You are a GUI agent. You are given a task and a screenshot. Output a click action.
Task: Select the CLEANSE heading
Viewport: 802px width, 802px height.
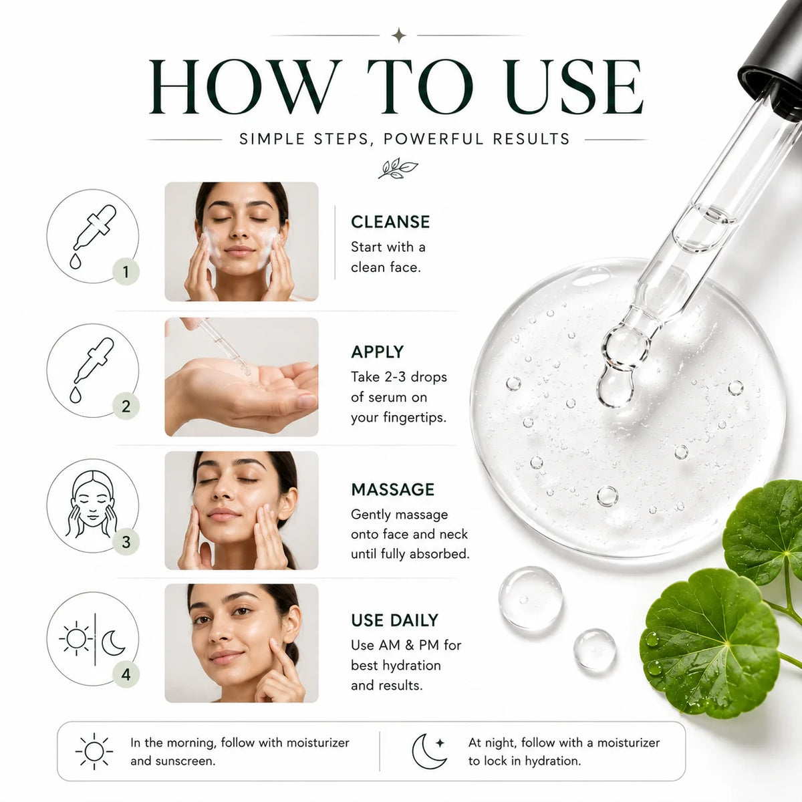pyautogui.click(x=390, y=222)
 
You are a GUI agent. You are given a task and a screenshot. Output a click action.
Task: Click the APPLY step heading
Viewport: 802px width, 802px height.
pyautogui.click(x=377, y=352)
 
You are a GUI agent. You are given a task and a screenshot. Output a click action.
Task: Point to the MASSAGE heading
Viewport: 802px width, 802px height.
pyautogui.click(x=392, y=489)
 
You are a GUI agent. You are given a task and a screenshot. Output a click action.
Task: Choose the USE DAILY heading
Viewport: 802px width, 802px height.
pyautogui.click(x=394, y=620)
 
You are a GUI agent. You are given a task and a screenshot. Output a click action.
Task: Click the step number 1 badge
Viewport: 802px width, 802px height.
pyautogui.click(x=126, y=272)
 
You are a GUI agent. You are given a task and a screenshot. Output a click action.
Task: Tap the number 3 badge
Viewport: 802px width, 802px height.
pyautogui.click(x=126, y=542)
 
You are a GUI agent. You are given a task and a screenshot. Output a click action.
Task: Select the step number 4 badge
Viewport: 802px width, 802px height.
pyautogui.click(x=126, y=674)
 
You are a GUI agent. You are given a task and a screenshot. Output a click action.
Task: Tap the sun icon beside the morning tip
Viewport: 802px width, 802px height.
pyautogui.click(x=94, y=751)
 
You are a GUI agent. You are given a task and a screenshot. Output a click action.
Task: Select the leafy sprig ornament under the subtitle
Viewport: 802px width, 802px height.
pyautogui.click(x=398, y=168)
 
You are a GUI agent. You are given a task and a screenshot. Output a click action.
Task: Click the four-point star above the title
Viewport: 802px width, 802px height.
pyautogui.click(x=399, y=35)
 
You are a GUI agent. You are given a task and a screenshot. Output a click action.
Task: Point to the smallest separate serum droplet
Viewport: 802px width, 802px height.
pyautogui.click(x=595, y=650)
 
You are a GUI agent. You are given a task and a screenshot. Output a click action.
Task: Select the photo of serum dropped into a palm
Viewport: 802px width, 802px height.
pyautogui.click(x=241, y=377)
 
